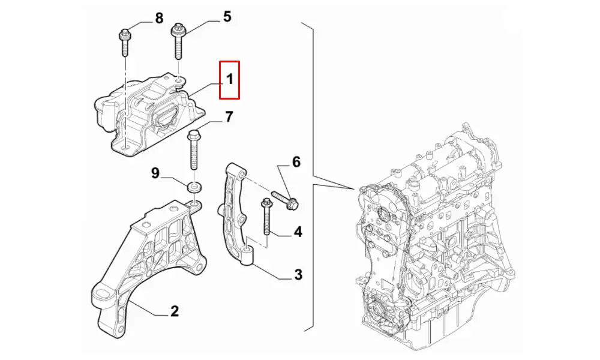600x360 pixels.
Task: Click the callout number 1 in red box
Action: point(230,79)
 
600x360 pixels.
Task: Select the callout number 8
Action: point(159,18)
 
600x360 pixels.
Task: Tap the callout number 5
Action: point(227,16)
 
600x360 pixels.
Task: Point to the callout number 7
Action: point(229,117)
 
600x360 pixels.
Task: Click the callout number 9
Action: point(155,173)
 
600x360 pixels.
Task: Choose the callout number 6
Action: point(296,161)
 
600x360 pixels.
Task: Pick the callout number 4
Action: point(298,232)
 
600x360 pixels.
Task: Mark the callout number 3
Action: point(298,275)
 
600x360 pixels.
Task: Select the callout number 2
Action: point(174,311)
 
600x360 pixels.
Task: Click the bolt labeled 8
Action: point(124,41)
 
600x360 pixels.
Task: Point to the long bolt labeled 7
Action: point(194,150)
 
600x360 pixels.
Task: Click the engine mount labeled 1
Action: point(147,114)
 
